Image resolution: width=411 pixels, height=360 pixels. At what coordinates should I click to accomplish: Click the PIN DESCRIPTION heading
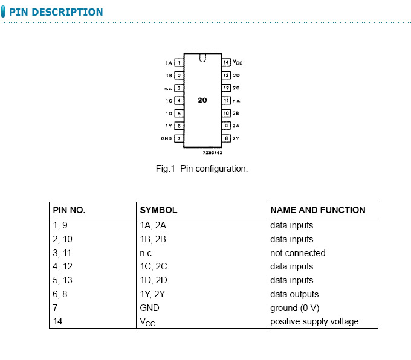point(56,12)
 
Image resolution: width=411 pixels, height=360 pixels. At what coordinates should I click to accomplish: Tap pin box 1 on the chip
point(179,62)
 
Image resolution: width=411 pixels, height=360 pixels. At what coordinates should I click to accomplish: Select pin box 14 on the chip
point(226,62)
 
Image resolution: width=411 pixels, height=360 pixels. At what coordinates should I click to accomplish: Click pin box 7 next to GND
point(179,138)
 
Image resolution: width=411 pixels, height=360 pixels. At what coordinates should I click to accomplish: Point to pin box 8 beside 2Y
point(226,138)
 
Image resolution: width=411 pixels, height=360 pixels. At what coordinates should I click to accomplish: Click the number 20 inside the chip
point(202,100)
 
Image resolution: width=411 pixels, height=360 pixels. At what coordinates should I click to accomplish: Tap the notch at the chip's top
point(202,59)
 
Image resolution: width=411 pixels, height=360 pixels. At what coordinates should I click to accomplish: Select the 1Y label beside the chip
point(169,126)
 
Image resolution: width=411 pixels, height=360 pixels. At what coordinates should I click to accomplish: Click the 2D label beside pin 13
point(236,76)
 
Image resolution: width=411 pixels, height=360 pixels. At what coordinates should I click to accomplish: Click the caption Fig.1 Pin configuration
point(202,169)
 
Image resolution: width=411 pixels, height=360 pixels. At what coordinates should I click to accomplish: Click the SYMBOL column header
point(158,210)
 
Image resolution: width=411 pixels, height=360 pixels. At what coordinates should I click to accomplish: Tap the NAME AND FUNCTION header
point(318,210)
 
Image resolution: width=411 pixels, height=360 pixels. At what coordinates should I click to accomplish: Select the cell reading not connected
point(297,253)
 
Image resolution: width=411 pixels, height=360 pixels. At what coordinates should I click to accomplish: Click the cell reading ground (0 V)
point(294,308)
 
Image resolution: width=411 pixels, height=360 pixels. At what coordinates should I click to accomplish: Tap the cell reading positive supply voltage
point(314,321)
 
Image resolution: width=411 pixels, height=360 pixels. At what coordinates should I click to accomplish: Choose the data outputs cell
point(294,294)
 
